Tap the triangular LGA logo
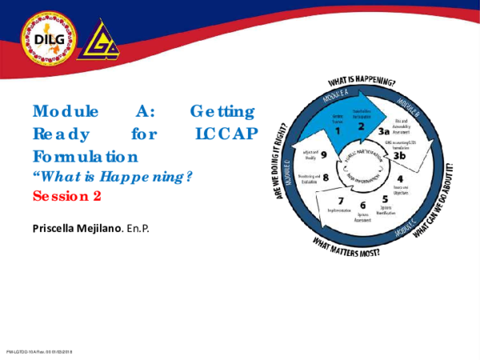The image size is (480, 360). tap(101, 41)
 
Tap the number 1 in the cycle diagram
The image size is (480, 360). tap(337, 130)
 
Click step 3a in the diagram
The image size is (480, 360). tap(384, 130)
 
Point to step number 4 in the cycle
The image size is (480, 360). tap(399, 178)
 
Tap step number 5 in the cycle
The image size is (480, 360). tap(385, 199)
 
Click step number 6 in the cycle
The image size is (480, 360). tap(362, 206)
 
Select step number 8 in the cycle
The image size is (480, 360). tap(326, 177)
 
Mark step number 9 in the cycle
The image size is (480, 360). tap(324, 154)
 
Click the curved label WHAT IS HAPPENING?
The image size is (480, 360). tap(362, 82)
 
